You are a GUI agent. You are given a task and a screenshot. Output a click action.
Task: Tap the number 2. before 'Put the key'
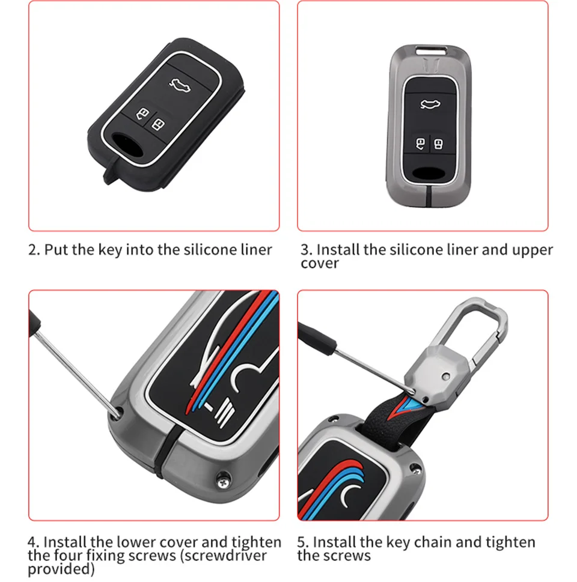tap(34, 250)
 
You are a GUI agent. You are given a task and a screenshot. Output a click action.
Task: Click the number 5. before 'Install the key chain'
tap(303, 542)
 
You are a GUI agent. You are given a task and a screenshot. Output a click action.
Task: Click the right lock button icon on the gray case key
tap(439, 144)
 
